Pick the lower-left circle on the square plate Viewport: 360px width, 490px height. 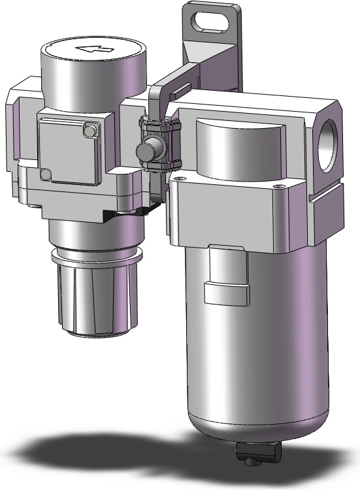[x=45, y=174]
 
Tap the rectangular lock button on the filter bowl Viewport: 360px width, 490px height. [x=227, y=293]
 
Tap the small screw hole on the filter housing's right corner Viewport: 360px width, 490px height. [x=281, y=188]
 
